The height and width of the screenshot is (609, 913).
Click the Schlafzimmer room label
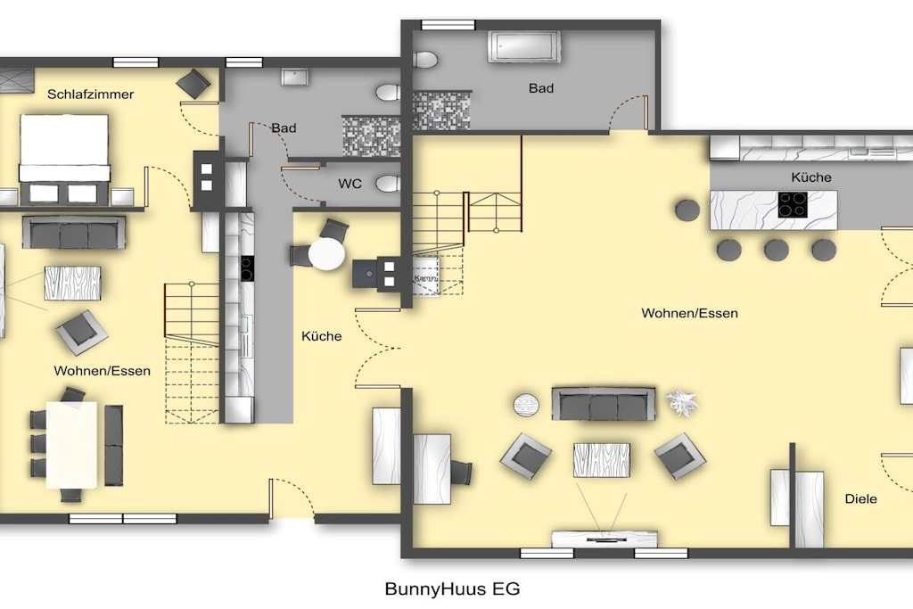coord(90,95)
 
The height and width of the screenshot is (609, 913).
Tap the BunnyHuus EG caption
coord(452,588)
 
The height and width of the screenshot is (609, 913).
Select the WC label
coord(350,184)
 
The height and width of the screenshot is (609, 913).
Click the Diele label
coord(860,499)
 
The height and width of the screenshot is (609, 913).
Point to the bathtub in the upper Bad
coord(525,46)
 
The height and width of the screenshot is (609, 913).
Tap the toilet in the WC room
coord(389,184)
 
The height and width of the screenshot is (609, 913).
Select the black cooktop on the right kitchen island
coord(793,205)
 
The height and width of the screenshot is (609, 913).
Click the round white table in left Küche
coord(326,254)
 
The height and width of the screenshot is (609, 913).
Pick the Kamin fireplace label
coord(425,279)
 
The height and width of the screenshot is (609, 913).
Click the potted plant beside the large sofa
coord(681,402)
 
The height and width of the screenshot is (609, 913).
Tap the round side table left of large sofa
coord(526,405)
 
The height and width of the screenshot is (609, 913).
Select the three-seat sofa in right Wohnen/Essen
coord(604,404)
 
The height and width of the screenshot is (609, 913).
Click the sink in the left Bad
coord(295,77)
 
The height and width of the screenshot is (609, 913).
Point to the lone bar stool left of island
coord(687,210)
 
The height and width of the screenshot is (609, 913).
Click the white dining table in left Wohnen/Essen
coord(71,445)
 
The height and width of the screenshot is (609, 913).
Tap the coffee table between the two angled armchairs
coord(602,460)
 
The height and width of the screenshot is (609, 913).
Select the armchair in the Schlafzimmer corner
coord(193,84)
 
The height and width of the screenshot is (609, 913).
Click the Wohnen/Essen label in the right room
coord(689,313)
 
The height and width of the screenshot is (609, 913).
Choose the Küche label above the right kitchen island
coord(811,177)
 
